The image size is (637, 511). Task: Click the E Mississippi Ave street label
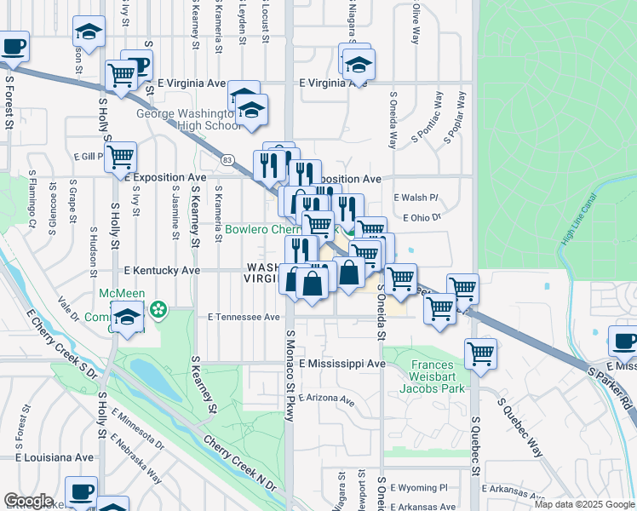(341, 364)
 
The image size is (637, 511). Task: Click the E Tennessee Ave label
(244, 317)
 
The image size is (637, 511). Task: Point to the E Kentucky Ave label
(162, 270)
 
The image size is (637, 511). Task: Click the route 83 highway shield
(227, 159)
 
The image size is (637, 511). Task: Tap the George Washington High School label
(184, 119)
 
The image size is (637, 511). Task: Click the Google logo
(28, 501)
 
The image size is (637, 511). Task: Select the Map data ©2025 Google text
(583, 504)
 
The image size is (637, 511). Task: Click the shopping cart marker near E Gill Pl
(122, 158)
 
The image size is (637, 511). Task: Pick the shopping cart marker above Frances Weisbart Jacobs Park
(481, 353)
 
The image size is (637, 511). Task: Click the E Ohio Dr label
(422, 218)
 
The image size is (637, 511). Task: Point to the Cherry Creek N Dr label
(241, 464)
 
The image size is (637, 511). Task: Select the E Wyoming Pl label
(419, 488)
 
